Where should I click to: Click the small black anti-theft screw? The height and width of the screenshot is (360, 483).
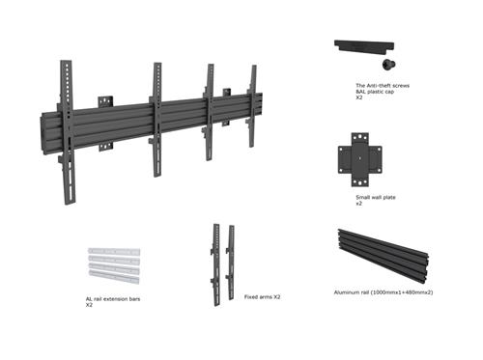pos(388,64)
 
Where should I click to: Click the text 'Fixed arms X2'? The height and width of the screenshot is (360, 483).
pos(263,297)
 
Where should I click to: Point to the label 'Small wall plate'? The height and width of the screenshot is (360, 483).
pos(376,197)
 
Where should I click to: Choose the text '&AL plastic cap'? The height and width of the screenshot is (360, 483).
pos(375,92)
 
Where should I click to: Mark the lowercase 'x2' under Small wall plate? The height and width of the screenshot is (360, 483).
pos(359,204)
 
